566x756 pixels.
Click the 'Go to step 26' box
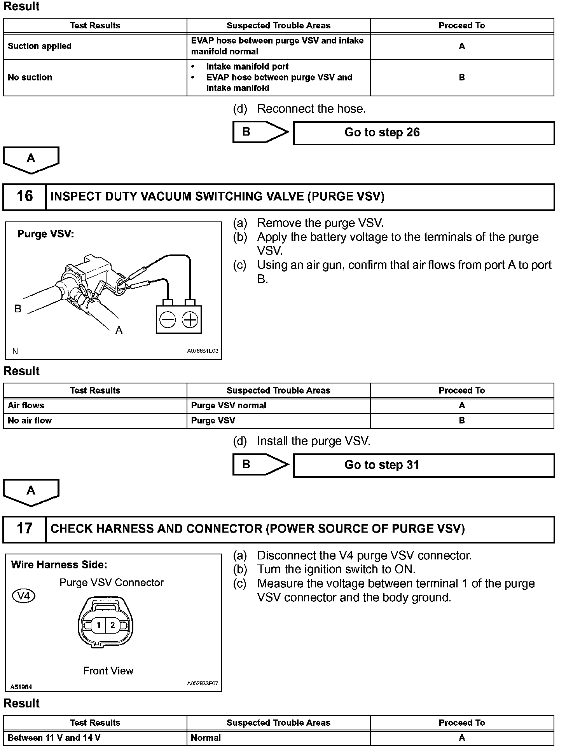tap(423, 133)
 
